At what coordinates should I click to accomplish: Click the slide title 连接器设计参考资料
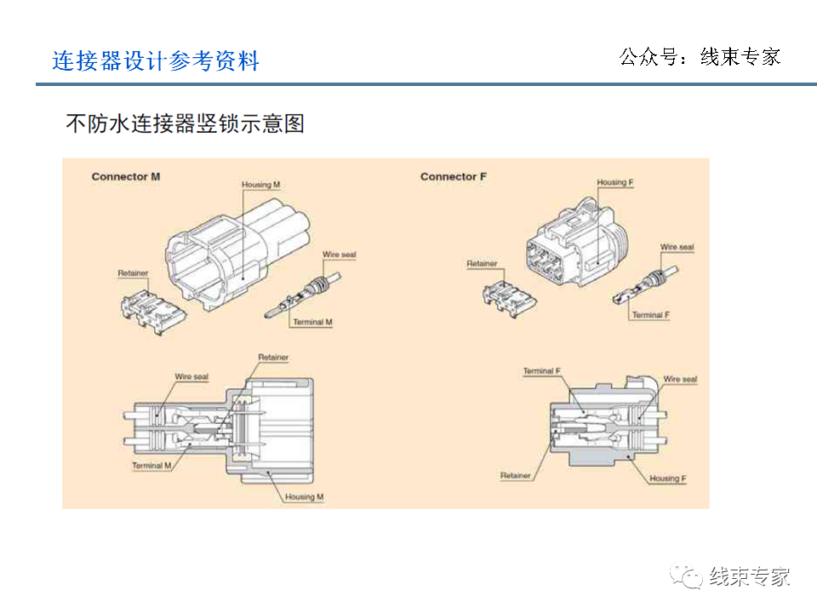[156, 61]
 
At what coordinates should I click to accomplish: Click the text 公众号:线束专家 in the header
[700, 57]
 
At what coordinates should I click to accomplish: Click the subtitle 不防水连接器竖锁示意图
[185, 124]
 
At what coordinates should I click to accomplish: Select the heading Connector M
[125, 177]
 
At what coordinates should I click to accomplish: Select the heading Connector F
[454, 177]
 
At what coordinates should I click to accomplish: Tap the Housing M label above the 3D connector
[261, 185]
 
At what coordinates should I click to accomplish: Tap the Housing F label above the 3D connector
[614, 183]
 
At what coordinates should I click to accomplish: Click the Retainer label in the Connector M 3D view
[133, 273]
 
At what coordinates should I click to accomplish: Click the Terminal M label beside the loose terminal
[312, 323]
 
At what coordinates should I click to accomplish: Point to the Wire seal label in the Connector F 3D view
[677, 248]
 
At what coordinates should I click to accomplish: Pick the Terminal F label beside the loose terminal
[650, 315]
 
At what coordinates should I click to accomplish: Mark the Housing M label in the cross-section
[304, 496]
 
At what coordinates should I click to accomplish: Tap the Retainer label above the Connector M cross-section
[273, 358]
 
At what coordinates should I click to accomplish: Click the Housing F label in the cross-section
[667, 478]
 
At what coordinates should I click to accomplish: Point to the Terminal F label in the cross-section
[541, 371]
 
